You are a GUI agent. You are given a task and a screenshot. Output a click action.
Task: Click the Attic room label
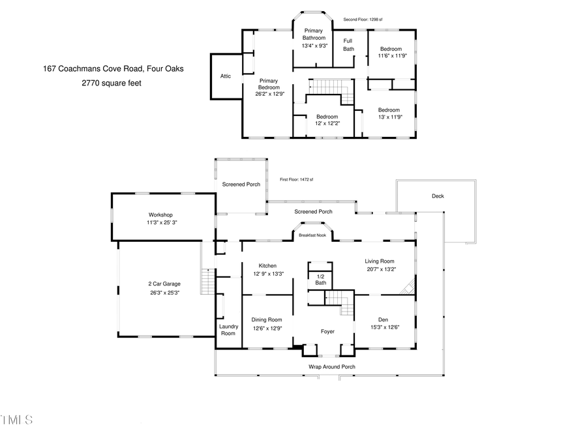tap(225, 76)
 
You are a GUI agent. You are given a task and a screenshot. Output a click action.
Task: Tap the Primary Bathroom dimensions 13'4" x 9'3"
tap(314, 46)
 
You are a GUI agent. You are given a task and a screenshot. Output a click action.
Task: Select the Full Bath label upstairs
tap(349, 45)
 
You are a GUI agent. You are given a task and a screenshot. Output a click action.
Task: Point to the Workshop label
tap(160, 214)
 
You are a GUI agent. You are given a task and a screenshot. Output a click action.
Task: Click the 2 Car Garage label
tap(164, 284)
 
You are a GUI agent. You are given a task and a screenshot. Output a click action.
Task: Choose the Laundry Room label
tap(228, 330)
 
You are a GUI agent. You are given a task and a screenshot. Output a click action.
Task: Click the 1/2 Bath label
tap(320, 278)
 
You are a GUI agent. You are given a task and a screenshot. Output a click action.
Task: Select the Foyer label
tap(327, 331)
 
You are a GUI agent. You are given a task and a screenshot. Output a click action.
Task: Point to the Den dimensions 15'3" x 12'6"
tap(385, 327)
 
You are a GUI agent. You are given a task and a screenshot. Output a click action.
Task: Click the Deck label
tap(438, 196)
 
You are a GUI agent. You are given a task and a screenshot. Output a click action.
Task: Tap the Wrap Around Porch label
tap(331, 367)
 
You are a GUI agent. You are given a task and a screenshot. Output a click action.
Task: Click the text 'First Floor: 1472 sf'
tap(297, 179)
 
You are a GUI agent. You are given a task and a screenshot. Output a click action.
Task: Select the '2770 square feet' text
tap(111, 83)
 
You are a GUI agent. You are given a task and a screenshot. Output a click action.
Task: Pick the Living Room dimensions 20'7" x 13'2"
tap(380, 269)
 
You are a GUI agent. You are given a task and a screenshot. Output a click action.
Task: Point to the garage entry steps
tap(207, 283)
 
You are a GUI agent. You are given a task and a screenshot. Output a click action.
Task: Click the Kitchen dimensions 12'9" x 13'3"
tap(267, 274)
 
